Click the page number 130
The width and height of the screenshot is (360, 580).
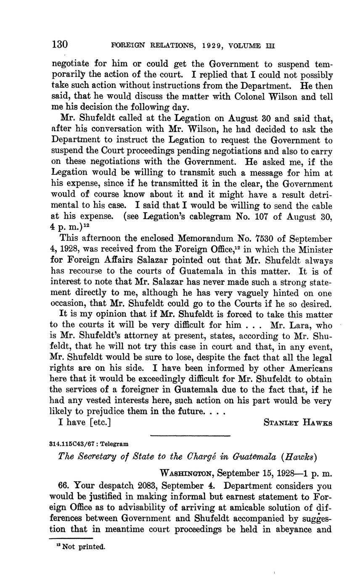coord(60,44)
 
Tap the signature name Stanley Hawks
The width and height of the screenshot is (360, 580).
coord(297,423)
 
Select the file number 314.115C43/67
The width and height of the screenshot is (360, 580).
coord(70,444)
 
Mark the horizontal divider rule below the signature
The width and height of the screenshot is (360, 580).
coord(190,435)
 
